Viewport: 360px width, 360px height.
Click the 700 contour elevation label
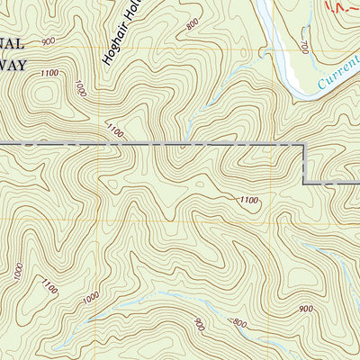[305, 44]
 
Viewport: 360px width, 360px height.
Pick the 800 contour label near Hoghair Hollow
[192, 24]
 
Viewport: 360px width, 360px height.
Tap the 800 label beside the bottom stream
[238, 323]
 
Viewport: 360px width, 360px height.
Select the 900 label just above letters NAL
[48, 41]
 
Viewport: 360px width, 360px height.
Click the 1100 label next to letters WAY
[49, 72]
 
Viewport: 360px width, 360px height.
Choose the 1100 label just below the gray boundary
[249, 200]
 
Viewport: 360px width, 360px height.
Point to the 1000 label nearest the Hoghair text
[81, 88]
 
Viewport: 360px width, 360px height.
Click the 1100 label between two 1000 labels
[49, 287]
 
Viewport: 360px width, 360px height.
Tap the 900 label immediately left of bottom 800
[200, 324]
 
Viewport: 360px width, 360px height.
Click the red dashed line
[340, 9]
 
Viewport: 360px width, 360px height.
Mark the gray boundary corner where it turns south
[301, 145]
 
